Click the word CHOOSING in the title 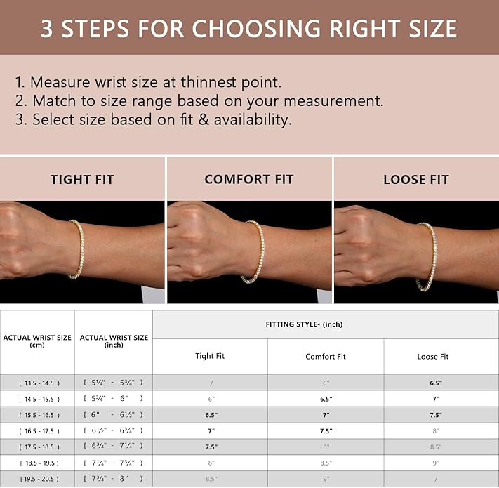point(256,29)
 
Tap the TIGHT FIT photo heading point(82,180)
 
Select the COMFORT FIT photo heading point(249,179)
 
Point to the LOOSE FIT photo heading point(416,180)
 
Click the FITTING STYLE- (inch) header point(304,324)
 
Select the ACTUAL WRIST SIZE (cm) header point(37,341)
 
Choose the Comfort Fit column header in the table point(325,357)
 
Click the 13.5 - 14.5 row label point(39,383)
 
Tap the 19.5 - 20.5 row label point(39,479)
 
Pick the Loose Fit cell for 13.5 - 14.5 point(436,383)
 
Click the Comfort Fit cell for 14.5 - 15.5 point(326,399)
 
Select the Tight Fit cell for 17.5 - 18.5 point(211,447)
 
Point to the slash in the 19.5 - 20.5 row point(436,479)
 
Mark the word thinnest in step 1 point(208,82)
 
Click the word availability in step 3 point(253,120)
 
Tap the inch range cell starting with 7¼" point(113,463)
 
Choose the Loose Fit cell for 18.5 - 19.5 point(436,463)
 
